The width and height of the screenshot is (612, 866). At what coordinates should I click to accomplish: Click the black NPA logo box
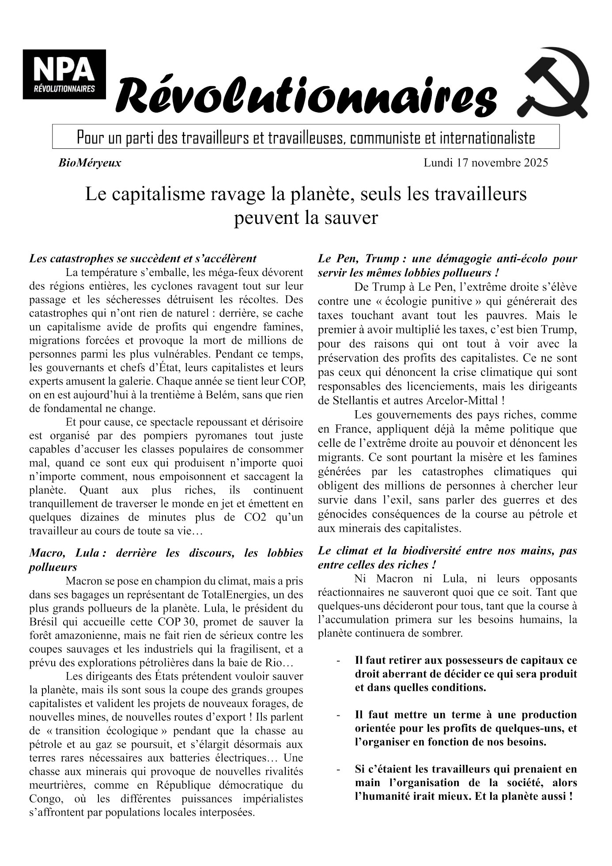(64, 74)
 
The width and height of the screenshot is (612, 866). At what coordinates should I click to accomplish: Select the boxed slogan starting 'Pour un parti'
(306, 137)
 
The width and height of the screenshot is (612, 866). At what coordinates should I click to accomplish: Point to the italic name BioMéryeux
(90, 163)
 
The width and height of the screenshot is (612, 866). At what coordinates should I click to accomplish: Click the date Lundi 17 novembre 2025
(486, 163)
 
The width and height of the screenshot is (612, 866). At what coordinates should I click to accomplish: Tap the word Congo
(45, 799)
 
